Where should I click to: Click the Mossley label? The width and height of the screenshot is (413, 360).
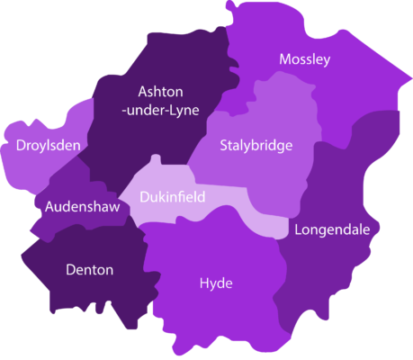pos(304,59)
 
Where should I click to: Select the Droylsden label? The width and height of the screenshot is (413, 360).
pos(48,144)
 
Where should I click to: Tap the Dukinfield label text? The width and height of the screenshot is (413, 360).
pos(173,197)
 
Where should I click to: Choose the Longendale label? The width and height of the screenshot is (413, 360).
pos(332,229)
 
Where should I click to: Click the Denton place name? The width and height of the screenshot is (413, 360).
pos(89,269)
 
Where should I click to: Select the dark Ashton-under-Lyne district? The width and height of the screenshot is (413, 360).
pos(135,135)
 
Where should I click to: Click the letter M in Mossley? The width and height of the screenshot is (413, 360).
pos(285,59)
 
